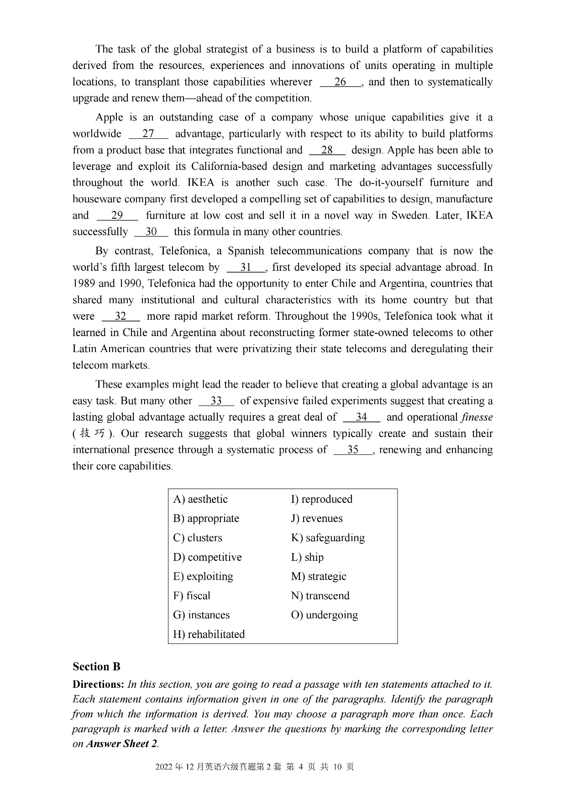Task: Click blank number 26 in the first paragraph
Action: click(341, 82)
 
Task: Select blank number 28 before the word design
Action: click(327, 150)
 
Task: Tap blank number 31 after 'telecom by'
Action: click(246, 268)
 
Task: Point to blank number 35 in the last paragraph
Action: click(353, 450)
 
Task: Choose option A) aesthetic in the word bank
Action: click(200, 499)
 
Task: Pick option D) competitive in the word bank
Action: click(207, 557)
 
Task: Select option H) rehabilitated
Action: click(209, 634)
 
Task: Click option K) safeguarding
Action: click(328, 538)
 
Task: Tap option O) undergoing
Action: click(324, 615)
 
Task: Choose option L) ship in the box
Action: click(307, 557)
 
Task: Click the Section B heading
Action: click(96, 667)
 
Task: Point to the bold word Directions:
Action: click(98, 685)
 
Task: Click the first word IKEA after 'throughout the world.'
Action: click(200, 183)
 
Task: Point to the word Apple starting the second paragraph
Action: click(109, 117)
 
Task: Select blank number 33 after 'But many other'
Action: click(216, 401)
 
